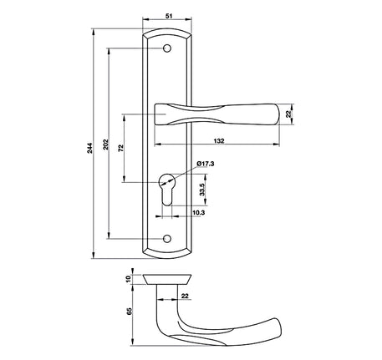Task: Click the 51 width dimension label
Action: pyautogui.click(x=169, y=16)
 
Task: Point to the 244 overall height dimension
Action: pyautogui.click(x=89, y=148)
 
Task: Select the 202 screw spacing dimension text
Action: pyautogui.click(x=106, y=145)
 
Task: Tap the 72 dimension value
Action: pyautogui.click(x=121, y=148)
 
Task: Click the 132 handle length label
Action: pyautogui.click(x=219, y=141)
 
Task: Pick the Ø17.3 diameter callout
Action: pyautogui.click(x=205, y=164)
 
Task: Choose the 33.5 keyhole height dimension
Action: pyautogui.click(x=202, y=190)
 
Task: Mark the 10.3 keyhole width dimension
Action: pyautogui.click(x=199, y=213)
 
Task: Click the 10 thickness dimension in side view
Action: pyautogui.click(x=128, y=279)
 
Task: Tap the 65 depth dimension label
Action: pyautogui.click(x=129, y=312)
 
